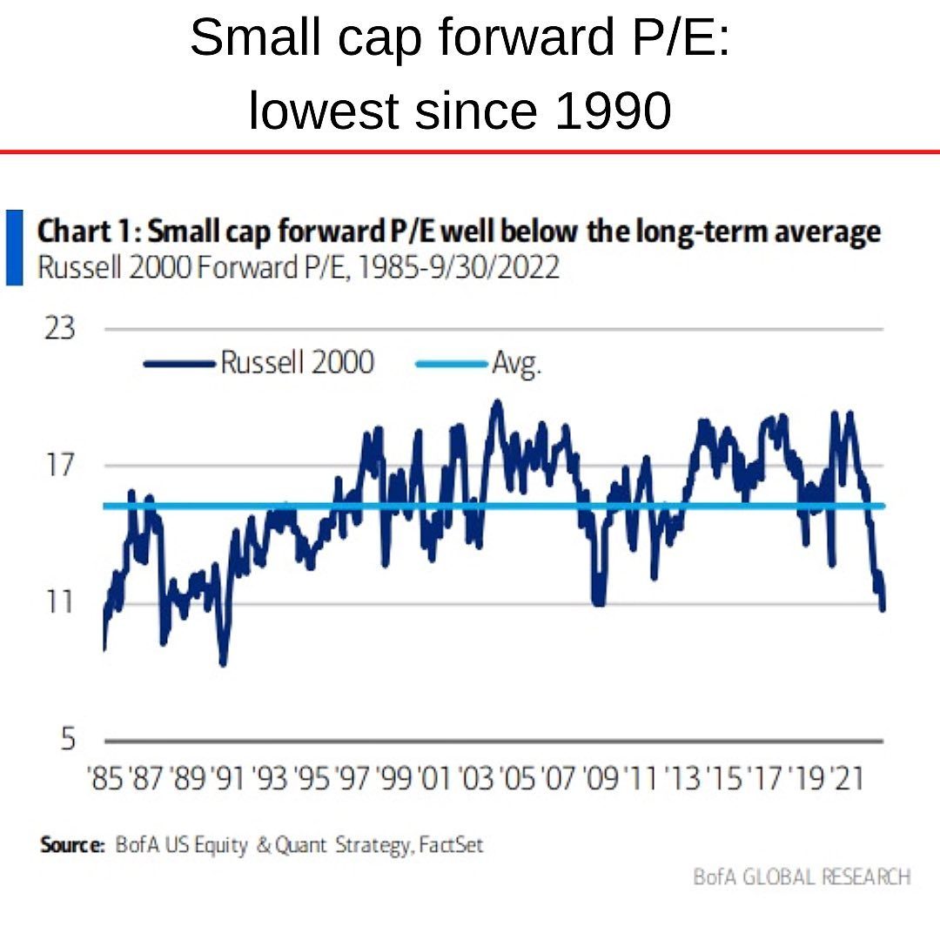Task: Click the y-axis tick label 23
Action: pyautogui.click(x=59, y=329)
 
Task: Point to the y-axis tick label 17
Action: pyautogui.click(x=59, y=465)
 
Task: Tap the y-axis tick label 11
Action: pyautogui.click(x=59, y=601)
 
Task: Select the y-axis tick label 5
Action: pyautogui.click(x=67, y=739)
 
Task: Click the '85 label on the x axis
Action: pyautogui.click(x=105, y=777)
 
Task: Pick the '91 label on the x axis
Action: pyautogui.click(x=229, y=777)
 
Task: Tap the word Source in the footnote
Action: pyautogui.click(x=71, y=844)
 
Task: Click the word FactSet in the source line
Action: pyautogui.click(x=450, y=844)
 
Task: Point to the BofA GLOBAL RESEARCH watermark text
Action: pyautogui.click(x=802, y=876)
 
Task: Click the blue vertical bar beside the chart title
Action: pyautogui.click(x=14, y=246)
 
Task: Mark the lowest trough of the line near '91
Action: pyautogui.click(x=223, y=664)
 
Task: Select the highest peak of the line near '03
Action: pyautogui.click(x=497, y=401)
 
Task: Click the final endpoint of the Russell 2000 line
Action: pyautogui.click(x=883, y=608)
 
